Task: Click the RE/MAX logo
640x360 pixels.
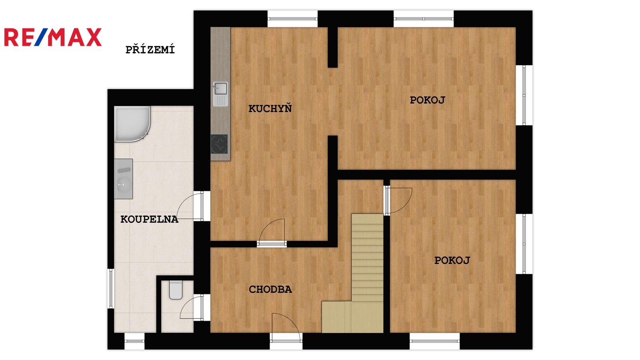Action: coord(53,37)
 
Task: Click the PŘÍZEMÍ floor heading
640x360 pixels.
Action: coord(150,50)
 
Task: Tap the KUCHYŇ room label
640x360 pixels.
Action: coord(270,108)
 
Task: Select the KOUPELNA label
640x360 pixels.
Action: coord(149,220)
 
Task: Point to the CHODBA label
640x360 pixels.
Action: coord(270,290)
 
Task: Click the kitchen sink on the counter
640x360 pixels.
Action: coord(220,94)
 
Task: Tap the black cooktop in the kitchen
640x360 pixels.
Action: coord(220,144)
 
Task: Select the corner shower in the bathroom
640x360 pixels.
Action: coord(132,124)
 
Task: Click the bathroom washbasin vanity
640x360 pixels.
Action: coord(124,179)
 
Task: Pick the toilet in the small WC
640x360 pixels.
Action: coord(176,290)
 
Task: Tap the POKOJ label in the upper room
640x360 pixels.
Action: coord(428,100)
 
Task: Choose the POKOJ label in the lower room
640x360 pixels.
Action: coord(452,260)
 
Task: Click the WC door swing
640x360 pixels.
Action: coord(192,308)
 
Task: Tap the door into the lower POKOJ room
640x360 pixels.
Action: coord(398,200)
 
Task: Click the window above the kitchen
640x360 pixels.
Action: coord(292,19)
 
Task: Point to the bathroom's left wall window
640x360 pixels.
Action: coord(111,288)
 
